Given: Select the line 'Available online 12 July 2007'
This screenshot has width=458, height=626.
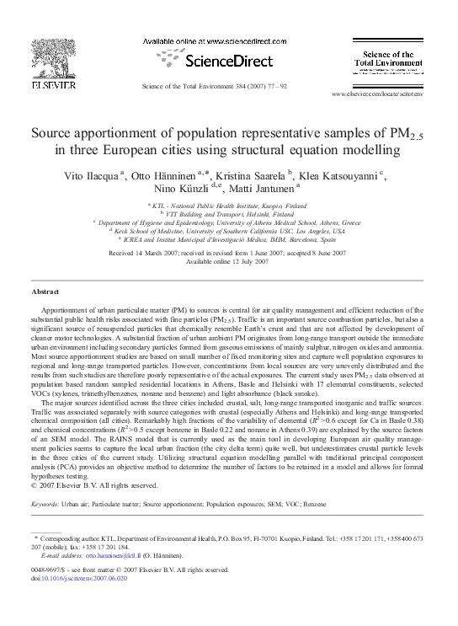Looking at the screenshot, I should [x=228, y=260].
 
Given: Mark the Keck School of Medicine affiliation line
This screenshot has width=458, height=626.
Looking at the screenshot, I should [x=228, y=231].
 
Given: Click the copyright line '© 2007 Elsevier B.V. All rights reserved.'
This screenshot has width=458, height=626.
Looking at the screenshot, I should [x=94, y=485].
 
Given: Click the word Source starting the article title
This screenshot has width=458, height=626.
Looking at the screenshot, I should [x=52, y=133].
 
